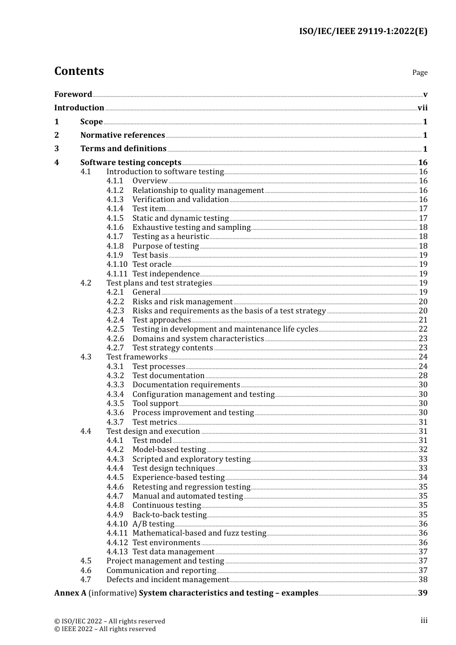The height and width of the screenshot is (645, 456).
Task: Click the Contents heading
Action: (x=79, y=71)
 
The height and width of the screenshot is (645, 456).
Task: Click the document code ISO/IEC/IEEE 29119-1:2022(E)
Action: (x=363, y=31)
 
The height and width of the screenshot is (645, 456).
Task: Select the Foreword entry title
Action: (x=73, y=94)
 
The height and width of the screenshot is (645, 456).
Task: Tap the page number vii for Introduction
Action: (x=422, y=108)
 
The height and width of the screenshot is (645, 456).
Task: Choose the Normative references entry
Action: (x=122, y=135)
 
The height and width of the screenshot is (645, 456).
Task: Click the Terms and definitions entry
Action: (x=123, y=149)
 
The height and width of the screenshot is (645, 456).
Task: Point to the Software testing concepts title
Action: (x=131, y=163)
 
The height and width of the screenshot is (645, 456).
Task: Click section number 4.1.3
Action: (x=115, y=200)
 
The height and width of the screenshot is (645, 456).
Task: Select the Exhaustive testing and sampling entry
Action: (x=192, y=227)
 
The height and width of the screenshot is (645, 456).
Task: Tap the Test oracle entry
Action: (x=152, y=264)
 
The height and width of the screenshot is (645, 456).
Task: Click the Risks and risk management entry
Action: (x=182, y=302)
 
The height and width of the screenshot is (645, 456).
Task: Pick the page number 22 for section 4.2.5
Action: (x=423, y=329)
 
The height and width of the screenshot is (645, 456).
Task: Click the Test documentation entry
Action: (x=168, y=376)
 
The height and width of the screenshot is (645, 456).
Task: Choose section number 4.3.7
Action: (x=115, y=422)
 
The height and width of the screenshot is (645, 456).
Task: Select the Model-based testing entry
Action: (x=169, y=450)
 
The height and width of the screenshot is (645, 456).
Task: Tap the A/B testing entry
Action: (x=153, y=524)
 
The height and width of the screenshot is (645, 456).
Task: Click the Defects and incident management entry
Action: (x=168, y=580)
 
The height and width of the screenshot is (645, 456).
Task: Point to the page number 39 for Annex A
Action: (x=422, y=593)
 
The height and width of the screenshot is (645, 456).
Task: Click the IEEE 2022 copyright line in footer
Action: (x=105, y=629)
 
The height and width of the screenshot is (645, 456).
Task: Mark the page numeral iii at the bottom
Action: (x=424, y=621)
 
